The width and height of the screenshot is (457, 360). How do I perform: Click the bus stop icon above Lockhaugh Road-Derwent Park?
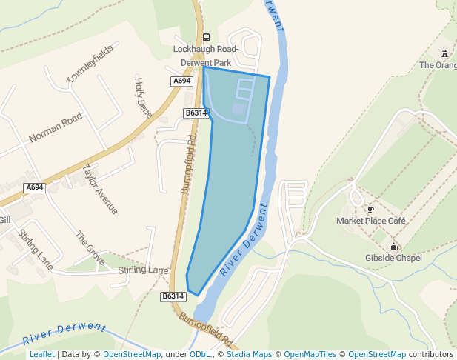click(x=206, y=38)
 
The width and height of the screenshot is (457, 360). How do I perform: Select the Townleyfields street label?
click(x=89, y=64)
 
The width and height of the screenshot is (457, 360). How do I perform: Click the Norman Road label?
click(x=56, y=127)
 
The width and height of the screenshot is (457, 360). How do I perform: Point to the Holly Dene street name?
click(x=142, y=97)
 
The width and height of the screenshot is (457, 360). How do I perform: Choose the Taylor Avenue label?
click(x=101, y=189)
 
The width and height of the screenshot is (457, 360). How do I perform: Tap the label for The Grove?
click(x=90, y=248)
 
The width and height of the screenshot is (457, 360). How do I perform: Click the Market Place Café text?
click(x=371, y=221)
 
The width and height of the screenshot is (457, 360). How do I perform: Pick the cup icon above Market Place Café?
click(x=370, y=210)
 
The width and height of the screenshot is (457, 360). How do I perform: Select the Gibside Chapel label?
click(x=393, y=258)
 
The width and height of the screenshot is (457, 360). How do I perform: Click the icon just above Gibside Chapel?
click(x=393, y=247)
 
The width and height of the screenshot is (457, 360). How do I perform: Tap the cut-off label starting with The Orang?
click(x=438, y=65)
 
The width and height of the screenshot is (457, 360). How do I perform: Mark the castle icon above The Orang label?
click(x=444, y=53)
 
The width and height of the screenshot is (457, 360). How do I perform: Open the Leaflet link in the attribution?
click(x=41, y=354)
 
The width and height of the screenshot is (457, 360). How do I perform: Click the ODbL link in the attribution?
click(x=201, y=354)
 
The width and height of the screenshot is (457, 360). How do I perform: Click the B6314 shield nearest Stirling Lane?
click(x=172, y=296)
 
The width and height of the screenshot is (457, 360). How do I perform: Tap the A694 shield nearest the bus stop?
click(x=181, y=81)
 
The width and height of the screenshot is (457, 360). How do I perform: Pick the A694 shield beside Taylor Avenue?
click(x=35, y=187)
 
